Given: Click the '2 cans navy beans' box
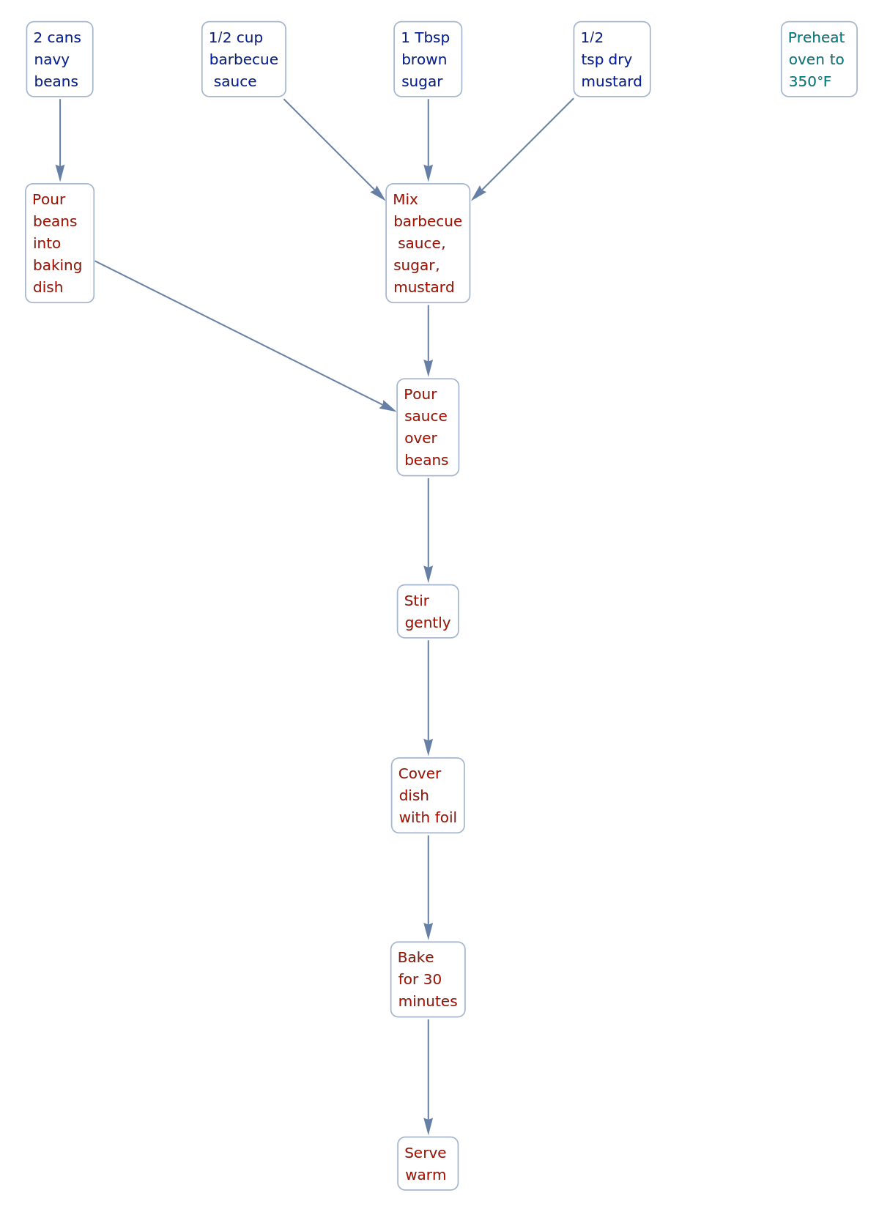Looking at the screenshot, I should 59,59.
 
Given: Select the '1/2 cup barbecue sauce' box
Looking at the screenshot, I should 243,59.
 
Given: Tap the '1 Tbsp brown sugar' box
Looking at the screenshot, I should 428,59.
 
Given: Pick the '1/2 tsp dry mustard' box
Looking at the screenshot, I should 612,59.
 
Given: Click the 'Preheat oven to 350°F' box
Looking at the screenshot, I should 818,59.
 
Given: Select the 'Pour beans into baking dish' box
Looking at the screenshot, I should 59,243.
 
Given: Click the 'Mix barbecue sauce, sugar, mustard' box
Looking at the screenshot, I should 428,243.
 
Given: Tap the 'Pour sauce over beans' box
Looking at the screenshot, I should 428,427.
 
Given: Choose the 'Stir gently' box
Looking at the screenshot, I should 428,611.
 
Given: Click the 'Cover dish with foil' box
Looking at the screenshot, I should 428,795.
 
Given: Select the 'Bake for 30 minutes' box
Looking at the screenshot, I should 428,979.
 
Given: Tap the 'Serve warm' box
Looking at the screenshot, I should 428,1163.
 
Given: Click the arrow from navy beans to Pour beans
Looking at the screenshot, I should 60,139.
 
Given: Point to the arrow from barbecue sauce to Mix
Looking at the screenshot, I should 333,149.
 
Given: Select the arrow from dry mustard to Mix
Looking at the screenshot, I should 524,149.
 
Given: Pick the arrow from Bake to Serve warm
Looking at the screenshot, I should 428,1077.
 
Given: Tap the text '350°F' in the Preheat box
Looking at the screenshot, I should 809,81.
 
